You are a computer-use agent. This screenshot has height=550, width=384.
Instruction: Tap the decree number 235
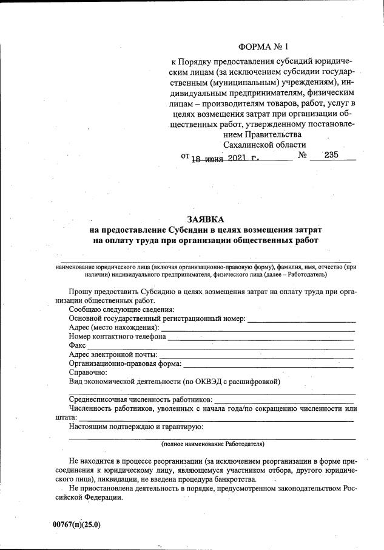click(331, 155)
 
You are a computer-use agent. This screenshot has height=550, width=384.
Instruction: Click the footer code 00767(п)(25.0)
click(76, 524)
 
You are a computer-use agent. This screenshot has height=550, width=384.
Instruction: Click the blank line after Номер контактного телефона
click(261, 337)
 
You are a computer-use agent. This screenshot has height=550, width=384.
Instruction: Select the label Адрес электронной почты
click(113, 354)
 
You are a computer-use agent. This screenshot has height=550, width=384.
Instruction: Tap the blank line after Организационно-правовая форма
click(268, 364)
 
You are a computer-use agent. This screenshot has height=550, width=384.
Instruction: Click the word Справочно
click(88, 372)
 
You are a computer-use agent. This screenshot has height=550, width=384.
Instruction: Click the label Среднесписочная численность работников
click(141, 399)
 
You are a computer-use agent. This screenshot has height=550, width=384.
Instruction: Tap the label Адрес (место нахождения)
click(113, 328)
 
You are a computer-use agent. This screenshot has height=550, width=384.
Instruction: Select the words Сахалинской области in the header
click(264, 145)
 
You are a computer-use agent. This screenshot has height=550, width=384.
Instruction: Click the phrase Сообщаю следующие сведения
click(122, 309)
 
